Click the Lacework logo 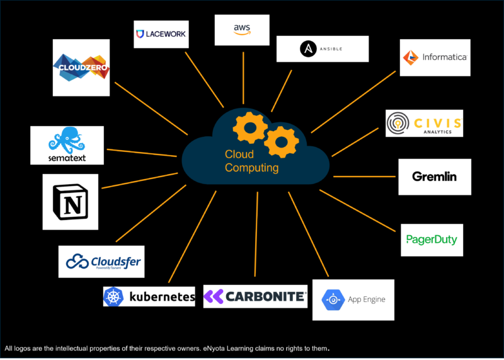[x=161, y=34]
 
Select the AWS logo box [x=242, y=29]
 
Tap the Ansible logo [x=322, y=49]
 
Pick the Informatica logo [x=435, y=57]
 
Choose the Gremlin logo [x=434, y=177]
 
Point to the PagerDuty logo [x=432, y=240]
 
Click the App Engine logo [x=353, y=299]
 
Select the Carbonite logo [x=255, y=296]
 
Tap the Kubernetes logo [x=149, y=296]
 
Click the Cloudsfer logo [x=101, y=261]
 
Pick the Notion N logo [x=70, y=202]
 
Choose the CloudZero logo [x=81, y=67]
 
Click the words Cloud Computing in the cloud [x=251, y=161]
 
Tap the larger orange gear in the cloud [x=281, y=141]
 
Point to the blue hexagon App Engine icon [x=332, y=300]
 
